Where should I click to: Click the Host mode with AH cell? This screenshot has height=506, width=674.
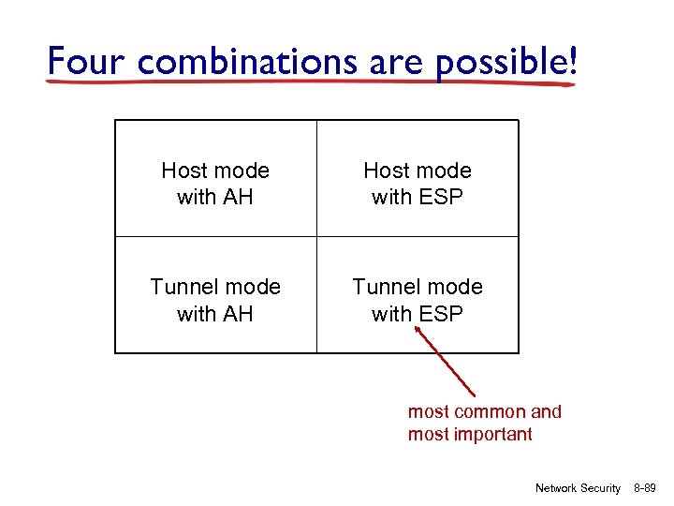215,183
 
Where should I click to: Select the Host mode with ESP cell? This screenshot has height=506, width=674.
418,183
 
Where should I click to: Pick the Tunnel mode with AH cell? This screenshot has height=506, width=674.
215,300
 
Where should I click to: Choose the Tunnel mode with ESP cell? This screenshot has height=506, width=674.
418,300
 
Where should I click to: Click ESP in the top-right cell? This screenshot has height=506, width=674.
443,197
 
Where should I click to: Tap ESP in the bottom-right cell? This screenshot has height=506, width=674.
443,314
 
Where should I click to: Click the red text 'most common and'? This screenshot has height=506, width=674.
484,411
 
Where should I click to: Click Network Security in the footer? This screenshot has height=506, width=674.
577,488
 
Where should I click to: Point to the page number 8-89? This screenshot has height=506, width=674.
646,488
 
